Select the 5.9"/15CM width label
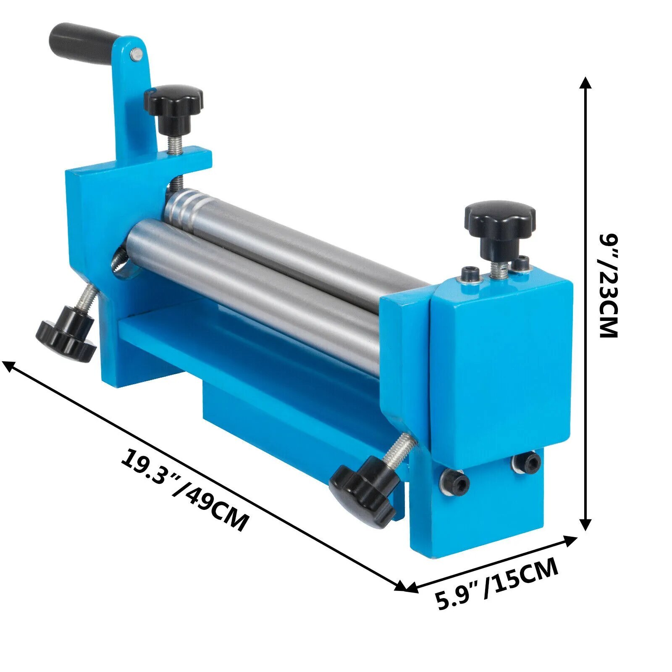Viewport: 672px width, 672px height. click(496, 584)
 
